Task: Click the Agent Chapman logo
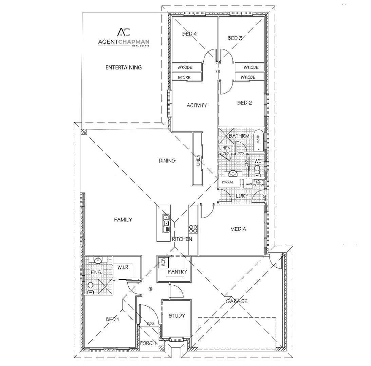[124, 37]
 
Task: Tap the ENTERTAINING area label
[123, 67]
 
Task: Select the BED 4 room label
[189, 34]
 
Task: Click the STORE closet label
[184, 78]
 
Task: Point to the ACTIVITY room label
[197, 105]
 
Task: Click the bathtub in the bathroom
[258, 140]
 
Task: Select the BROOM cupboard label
[227, 183]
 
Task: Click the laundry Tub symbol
[259, 183]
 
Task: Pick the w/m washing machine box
[248, 184]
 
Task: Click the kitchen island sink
[166, 224]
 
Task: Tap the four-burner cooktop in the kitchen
[193, 229]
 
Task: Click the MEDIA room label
[238, 229]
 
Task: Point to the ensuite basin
[98, 260]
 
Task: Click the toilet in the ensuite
[90, 287]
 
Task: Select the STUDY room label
[177, 316]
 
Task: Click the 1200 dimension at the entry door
[150, 324]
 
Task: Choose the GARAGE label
[237, 301]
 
